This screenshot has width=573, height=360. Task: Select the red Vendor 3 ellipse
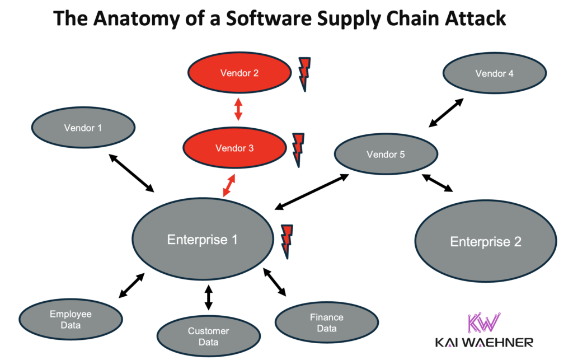click(234, 148)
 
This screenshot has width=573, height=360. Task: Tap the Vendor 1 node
click(83, 128)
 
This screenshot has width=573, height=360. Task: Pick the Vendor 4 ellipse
click(494, 73)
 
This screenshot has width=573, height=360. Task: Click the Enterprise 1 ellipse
click(202, 240)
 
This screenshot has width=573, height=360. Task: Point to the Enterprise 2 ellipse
click(485, 241)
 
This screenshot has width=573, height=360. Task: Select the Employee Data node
click(71, 320)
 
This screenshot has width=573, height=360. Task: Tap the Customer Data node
click(208, 336)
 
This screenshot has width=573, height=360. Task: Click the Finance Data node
click(326, 322)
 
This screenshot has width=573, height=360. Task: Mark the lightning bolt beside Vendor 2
click(304, 73)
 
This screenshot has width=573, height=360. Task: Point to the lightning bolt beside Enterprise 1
click(287, 241)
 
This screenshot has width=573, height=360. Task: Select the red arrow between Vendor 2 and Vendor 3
click(238, 109)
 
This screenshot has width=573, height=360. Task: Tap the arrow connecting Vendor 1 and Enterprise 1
click(131, 172)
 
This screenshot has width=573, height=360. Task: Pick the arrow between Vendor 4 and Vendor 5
click(446, 113)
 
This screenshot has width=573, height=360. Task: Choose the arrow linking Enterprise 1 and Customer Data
click(208, 297)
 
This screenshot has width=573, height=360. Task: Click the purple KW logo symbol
click(483, 323)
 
